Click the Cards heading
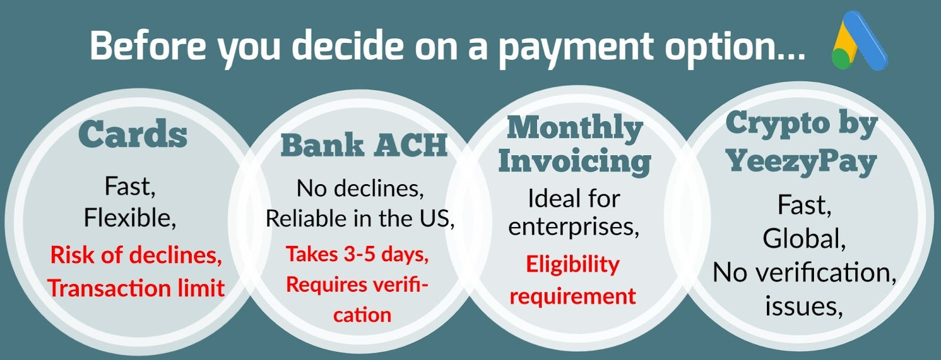[x=133, y=134]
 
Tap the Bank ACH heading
[x=364, y=146]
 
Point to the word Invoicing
[x=575, y=162]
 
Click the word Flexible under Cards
[x=130, y=218]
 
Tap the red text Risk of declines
[x=136, y=255]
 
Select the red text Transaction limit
[x=136, y=288]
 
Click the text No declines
[x=360, y=188]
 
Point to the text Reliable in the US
[x=360, y=218]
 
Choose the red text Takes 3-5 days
[x=358, y=255]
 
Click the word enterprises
[x=573, y=227]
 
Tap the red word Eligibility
[x=573, y=265]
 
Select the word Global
[x=804, y=239]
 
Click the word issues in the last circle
[x=803, y=306]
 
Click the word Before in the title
[x=148, y=45]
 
